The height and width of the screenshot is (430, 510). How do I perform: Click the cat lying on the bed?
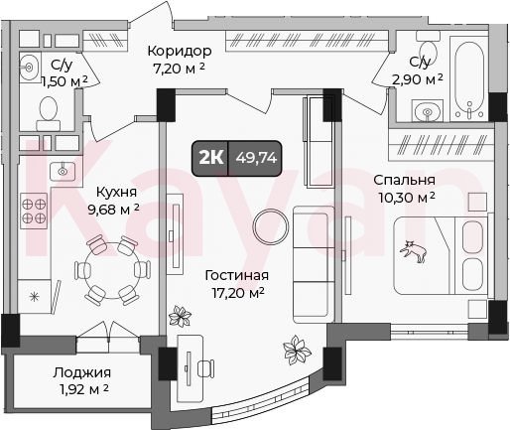(414, 251)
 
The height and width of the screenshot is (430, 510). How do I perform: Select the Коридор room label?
(180, 51)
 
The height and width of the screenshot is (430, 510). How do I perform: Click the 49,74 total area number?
(256, 158)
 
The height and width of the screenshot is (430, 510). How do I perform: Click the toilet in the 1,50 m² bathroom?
(49, 113)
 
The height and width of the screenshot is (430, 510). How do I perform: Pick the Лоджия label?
(82, 373)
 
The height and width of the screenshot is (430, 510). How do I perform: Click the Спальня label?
(404, 180)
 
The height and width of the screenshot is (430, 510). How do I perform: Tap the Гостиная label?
(237, 275)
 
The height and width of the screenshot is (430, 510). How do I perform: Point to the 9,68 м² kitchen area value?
(113, 209)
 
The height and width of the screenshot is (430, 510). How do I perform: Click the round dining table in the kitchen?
(112, 270)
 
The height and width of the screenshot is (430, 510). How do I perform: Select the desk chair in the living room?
(205, 368)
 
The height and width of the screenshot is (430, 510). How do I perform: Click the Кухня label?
(116, 192)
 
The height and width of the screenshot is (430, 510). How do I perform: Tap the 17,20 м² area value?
(238, 293)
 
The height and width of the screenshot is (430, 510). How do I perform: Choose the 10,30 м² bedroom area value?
(407, 198)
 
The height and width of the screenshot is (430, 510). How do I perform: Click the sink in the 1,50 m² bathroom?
(29, 68)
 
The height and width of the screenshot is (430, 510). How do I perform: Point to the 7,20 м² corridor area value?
(179, 69)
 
